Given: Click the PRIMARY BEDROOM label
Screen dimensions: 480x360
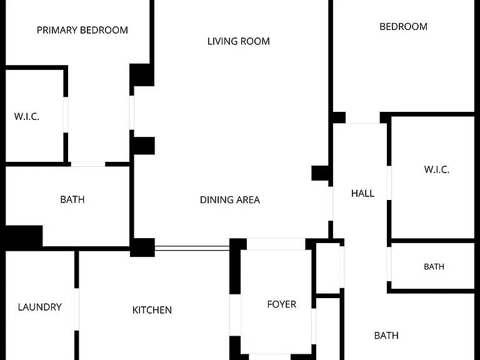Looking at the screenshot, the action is [x=82, y=30].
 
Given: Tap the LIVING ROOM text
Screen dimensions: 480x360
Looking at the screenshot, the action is [x=239, y=41].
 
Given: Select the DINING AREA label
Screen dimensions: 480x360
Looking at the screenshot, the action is [x=230, y=199].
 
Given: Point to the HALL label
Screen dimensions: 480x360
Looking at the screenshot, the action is [x=362, y=193].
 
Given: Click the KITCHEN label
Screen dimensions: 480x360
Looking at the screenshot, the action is [x=152, y=310].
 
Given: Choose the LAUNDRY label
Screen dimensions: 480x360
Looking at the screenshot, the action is [x=40, y=307].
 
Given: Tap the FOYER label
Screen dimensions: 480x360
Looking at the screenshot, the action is [x=282, y=304].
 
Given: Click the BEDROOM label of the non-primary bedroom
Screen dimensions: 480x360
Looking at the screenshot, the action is [x=404, y=27].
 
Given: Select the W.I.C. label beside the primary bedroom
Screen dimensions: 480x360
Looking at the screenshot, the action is [x=27, y=116].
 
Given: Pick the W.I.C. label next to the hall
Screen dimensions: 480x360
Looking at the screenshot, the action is [x=437, y=169].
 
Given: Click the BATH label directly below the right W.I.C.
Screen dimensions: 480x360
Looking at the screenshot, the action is [x=434, y=266].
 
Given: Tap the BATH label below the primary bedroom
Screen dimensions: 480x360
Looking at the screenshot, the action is [x=72, y=199].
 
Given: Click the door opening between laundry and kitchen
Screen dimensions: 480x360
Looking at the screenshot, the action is [x=76, y=309].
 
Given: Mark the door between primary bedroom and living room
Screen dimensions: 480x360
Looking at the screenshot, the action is [x=132, y=112].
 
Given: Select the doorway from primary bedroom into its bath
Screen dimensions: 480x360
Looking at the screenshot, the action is [x=88, y=164].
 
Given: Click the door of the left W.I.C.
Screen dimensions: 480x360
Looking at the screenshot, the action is [x=66, y=115].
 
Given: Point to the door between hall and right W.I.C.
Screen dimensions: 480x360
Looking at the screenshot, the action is [x=389, y=183].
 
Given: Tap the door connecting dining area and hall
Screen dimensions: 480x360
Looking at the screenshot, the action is [x=331, y=204].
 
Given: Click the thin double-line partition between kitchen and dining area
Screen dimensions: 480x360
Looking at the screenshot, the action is [x=192, y=248].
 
